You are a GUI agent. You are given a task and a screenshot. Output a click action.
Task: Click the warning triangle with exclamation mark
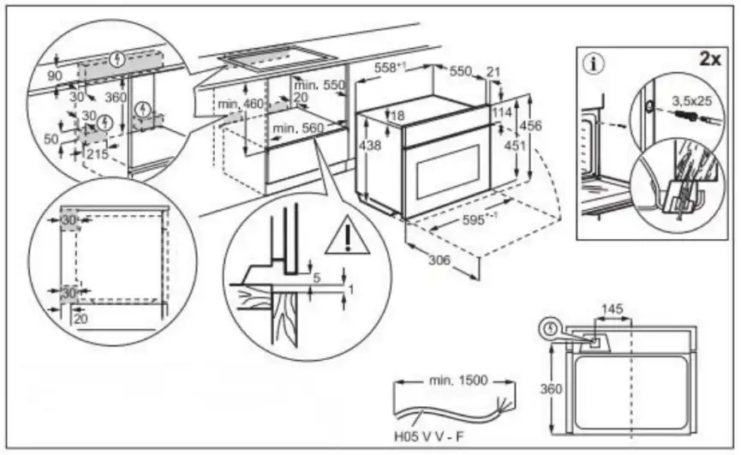(348, 236)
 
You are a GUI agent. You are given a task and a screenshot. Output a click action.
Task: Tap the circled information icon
(594, 63)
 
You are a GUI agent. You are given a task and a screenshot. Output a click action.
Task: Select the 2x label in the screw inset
(710, 59)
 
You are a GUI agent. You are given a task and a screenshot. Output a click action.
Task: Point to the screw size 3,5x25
(692, 100)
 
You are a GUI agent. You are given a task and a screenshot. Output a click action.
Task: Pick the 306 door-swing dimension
(439, 260)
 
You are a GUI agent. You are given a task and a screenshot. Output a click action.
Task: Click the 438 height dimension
(369, 145)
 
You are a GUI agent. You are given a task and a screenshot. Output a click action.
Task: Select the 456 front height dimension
(531, 126)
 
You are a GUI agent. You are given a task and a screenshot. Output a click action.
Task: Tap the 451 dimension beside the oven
(514, 145)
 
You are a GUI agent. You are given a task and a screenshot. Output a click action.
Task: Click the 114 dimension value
(501, 112)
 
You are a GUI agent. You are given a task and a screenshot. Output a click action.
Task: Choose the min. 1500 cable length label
(458, 380)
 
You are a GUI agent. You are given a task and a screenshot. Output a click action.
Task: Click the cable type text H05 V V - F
(429, 436)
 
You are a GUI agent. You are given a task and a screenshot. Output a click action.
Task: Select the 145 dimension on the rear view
(612, 309)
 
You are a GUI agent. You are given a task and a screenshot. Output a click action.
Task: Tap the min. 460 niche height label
(240, 104)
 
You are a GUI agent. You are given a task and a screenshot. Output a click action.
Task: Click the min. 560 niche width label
(298, 128)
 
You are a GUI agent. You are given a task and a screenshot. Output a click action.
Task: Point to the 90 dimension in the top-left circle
(55, 75)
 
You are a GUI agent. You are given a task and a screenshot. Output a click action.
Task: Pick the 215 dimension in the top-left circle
(98, 153)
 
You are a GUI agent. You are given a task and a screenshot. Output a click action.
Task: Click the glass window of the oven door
(447, 172)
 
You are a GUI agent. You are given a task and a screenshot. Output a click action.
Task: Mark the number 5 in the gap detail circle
(317, 278)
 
